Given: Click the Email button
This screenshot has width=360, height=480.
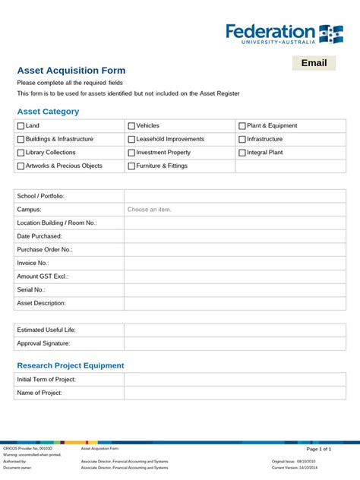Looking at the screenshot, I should click(314, 63).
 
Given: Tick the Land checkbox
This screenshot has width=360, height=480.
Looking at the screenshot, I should click(21, 126).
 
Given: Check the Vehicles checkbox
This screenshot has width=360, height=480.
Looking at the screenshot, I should click(131, 126).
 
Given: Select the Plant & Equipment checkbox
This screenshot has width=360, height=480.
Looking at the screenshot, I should click(242, 126).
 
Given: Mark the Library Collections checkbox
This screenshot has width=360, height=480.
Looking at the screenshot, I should click(21, 153).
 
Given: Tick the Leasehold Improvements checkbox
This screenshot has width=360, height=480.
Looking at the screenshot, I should click(131, 140).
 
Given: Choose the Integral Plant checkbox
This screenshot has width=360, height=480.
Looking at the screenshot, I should click(242, 153).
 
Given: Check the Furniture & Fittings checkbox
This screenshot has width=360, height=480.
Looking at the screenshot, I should click(131, 166).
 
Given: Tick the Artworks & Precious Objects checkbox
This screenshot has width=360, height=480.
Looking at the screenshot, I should click(21, 166).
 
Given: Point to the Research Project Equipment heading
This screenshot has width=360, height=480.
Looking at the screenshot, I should click(71, 365).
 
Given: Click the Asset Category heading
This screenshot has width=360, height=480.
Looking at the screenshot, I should click(48, 112).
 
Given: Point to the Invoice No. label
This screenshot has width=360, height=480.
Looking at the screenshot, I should click(33, 263).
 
